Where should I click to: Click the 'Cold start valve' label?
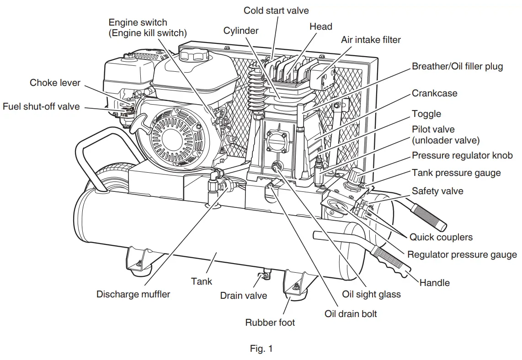[x=276, y=11]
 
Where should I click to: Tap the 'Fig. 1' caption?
[x=261, y=349]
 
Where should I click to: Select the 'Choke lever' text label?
[x=55, y=83]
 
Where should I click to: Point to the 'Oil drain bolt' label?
[x=351, y=314]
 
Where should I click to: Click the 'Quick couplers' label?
[x=441, y=237]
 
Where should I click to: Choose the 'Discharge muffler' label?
[x=133, y=294]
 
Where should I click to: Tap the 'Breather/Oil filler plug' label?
[x=458, y=67]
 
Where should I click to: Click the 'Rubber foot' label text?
[x=270, y=323]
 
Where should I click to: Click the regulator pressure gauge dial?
[x=336, y=208]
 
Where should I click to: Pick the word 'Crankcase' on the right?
[x=434, y=93]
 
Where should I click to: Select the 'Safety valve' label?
[x=437, y=191]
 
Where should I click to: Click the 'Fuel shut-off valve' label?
[x=41, y=106]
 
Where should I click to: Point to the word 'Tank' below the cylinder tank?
[x=202, y=281]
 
